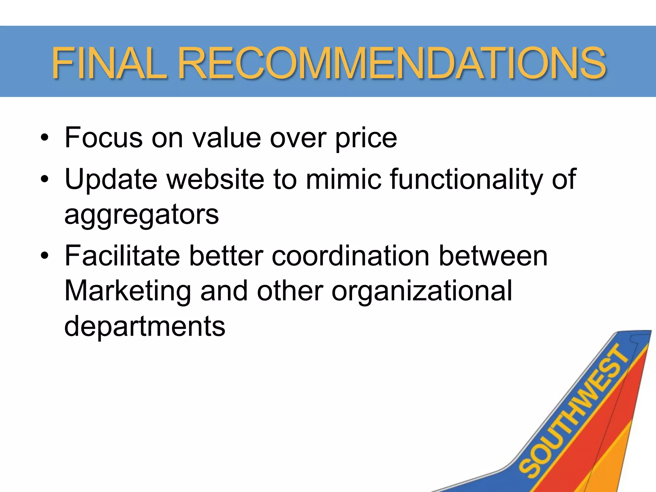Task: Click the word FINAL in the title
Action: point(109,63)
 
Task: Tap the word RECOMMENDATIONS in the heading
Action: point(391,63)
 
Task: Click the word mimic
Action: point(344,179)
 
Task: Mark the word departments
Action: point(145,326)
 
